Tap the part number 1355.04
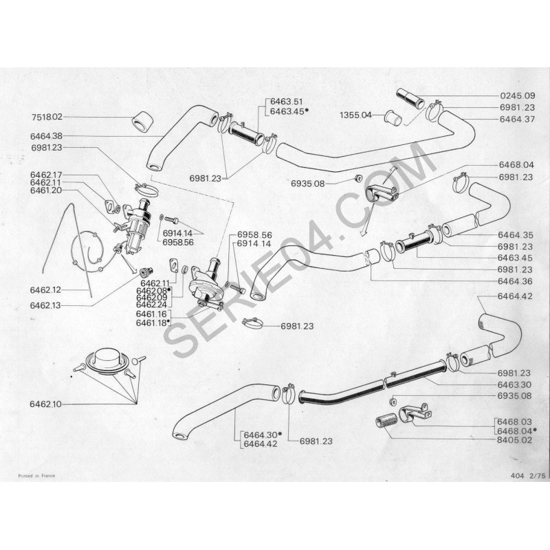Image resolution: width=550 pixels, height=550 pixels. coord(355,115)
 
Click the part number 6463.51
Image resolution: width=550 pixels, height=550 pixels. coord(286,101)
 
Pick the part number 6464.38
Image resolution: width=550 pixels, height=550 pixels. coord(45,136)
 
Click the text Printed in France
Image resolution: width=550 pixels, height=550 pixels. coord(32,475)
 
